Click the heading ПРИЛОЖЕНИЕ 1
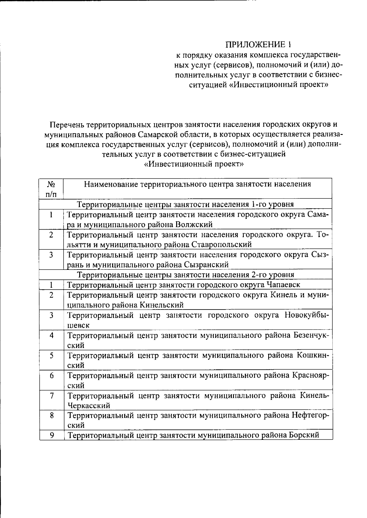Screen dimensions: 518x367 258,45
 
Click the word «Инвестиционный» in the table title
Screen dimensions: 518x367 179,164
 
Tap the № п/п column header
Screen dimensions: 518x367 51,189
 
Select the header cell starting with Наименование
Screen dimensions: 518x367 198,184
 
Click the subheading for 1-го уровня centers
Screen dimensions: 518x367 185,204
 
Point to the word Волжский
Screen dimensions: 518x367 194,225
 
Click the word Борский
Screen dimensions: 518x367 304,435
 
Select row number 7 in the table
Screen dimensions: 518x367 52,396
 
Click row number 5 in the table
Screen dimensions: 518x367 52,355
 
